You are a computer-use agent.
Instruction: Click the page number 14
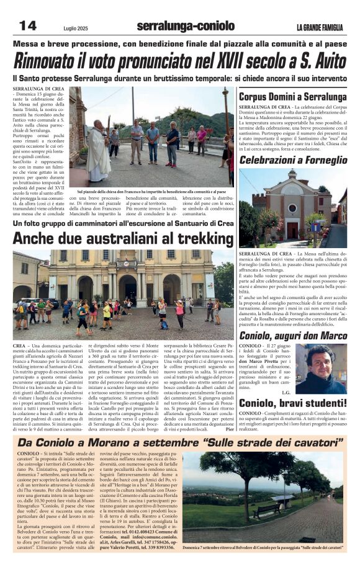[27, 26]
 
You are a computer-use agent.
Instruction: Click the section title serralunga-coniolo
[185, 26]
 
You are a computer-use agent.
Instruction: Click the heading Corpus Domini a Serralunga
[292, 97]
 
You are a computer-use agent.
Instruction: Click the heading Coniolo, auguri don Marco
[293, 336]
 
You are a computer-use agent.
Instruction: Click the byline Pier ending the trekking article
[230, 429]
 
